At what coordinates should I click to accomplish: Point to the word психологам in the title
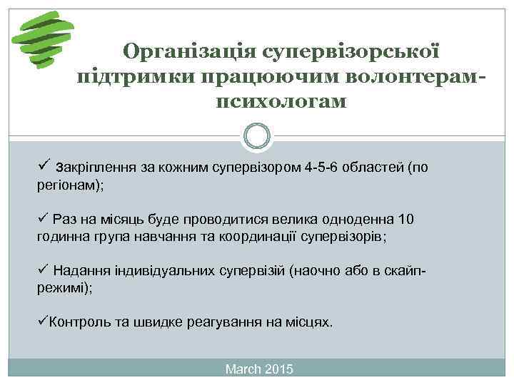[281, 101]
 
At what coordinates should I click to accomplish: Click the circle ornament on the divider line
[257, 135]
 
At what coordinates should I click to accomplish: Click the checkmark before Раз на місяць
[42, 218]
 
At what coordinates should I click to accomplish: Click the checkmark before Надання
[42, 270]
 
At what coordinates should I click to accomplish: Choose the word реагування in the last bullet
[223, 322]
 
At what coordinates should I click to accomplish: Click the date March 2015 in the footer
[258, 369]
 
